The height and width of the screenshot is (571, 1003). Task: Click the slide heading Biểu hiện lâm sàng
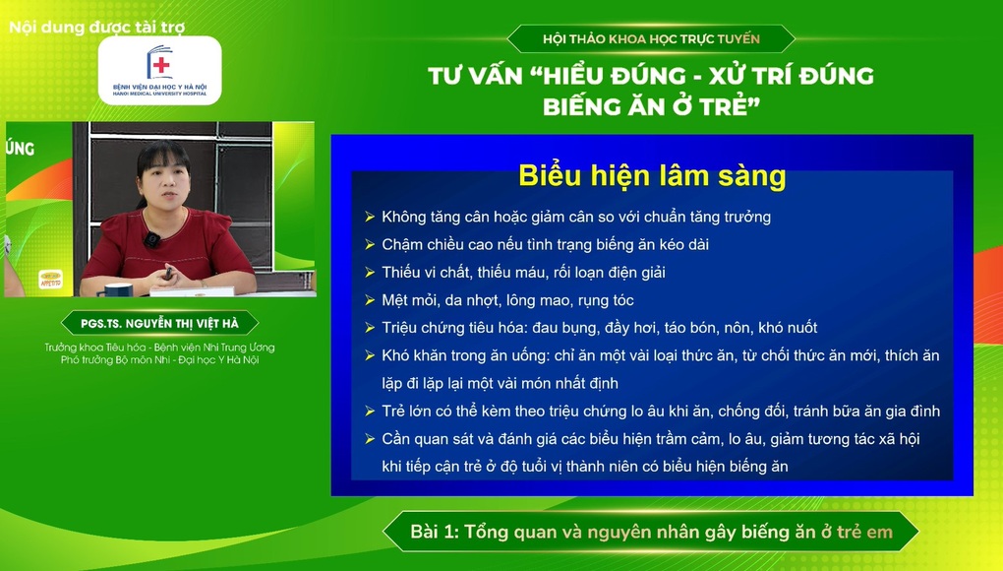pyautogui.click(x=652, y=176)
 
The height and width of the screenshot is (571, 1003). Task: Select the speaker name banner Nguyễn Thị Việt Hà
pyautogui.click(x=159, y=323)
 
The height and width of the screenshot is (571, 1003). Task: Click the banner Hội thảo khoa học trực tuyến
pyautogui.click(x=651, y=39)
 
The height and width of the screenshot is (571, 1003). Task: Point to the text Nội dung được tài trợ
pyautogui.click(x=96, y=28)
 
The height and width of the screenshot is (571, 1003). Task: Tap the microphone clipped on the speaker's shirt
pyautogui.click(x=151, y=239)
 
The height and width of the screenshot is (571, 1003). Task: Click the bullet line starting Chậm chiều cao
pyautogui.click(x=545, y=244)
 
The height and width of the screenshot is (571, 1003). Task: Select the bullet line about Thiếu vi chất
pyautogui.click(x=530, y=272)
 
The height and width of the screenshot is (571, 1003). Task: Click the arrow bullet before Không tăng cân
pyautogui.click(x=370, y=217)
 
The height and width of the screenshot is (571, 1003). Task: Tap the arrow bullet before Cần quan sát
pyautogui.click(x=370, y=439)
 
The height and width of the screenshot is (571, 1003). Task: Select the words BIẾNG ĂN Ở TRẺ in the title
pyautogui.click(x=651, y=107)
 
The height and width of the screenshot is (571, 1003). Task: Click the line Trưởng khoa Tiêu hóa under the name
pyautogui.click(x=159, y=348)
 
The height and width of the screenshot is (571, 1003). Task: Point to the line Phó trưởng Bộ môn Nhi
pyautogui.click(x=159, y=360)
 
